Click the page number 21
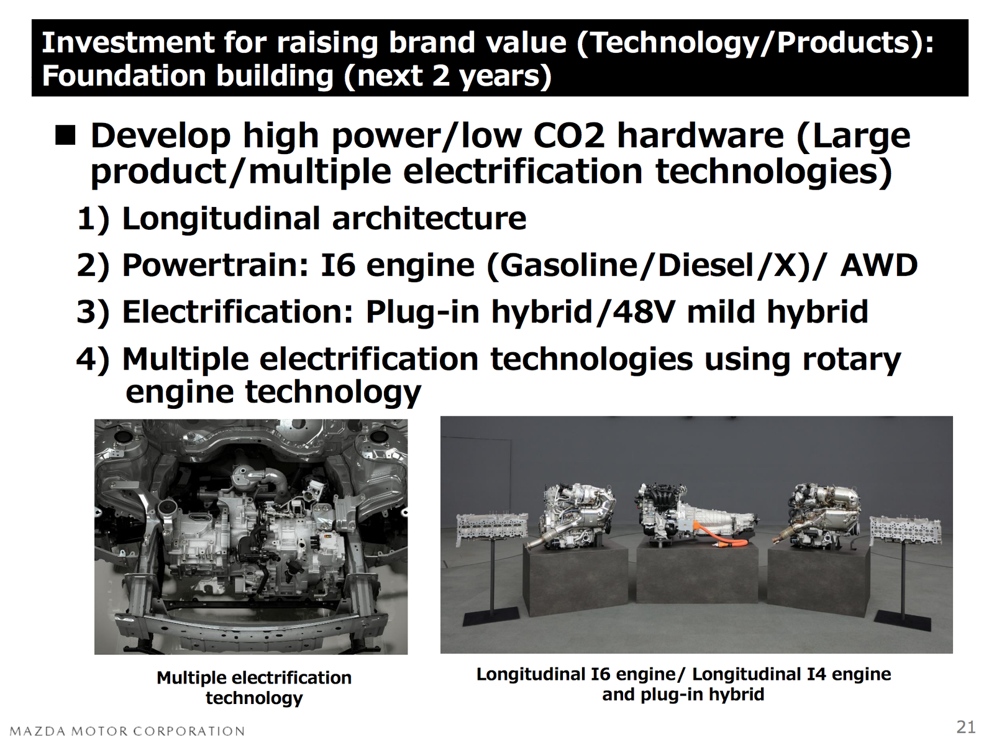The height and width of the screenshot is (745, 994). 966,727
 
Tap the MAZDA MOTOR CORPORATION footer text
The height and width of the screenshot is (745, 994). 127,731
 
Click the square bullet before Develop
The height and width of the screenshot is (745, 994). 65,136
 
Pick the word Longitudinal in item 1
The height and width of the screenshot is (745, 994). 221,219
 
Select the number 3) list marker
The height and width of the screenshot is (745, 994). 93,313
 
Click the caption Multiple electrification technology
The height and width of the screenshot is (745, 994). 254,687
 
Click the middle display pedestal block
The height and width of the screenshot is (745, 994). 698,572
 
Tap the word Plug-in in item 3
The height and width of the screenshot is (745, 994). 422,313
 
